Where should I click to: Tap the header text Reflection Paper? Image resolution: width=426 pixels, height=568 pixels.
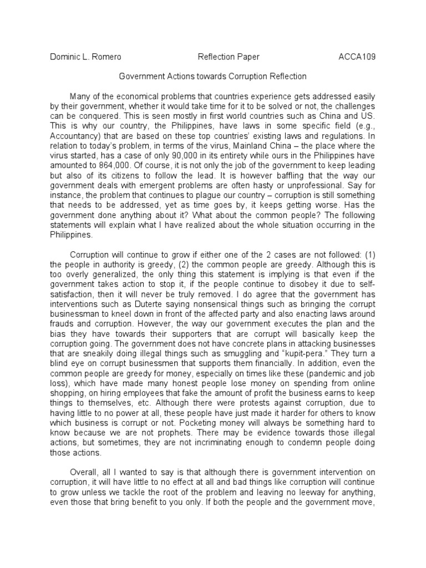pyautogui.click(x=229, y=57)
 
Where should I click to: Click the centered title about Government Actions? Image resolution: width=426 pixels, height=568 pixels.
pyautogui.click(x=213, y=76)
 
